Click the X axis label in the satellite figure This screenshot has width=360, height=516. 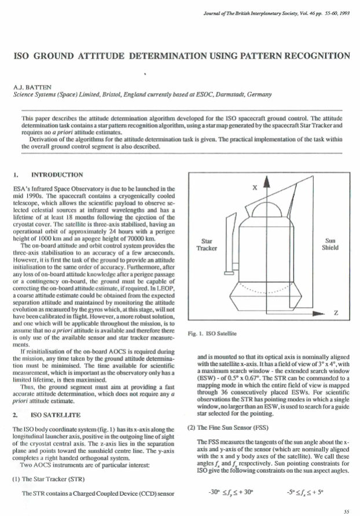253,188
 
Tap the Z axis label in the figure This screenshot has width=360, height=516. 336,313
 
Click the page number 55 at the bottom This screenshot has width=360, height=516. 346,511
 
